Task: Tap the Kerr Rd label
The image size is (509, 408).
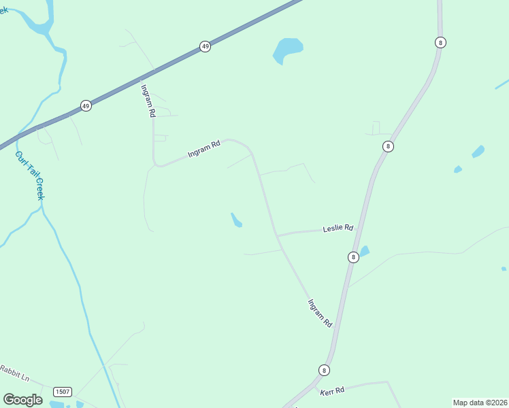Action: coord(332,390)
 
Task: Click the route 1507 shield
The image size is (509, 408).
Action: coord(63,392)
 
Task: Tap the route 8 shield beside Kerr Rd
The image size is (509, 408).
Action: coord(324,370)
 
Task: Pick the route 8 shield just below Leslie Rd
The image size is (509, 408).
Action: coord(352,257)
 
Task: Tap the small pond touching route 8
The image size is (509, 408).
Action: coord(363,251)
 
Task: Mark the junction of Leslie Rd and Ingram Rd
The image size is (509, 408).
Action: coord(277,235)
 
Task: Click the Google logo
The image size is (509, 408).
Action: coord(22,399)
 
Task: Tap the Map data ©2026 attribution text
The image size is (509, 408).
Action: coord(480,403)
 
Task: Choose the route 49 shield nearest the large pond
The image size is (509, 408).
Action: coord(205,46)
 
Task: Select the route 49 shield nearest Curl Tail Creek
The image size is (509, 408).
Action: coord(85,105)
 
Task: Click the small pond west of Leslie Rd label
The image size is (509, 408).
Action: coord(236,220)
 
